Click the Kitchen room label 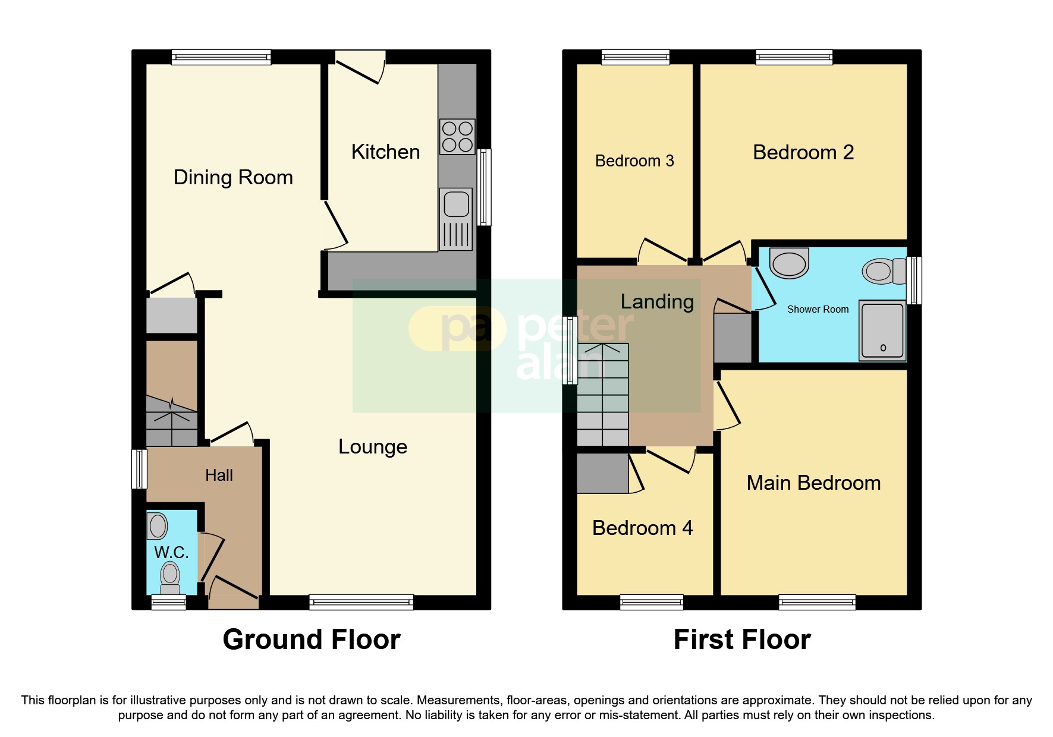tap(385, 152)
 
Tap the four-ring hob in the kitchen tap(457, 137)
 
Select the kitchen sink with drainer tap(456, 219)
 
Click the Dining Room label tap(233, 177)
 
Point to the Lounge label tap(373, 446)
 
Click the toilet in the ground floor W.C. tap(170, 578)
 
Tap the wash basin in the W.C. tap(158, 526)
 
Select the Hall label tap(219, 475)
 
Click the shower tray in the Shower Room tap(882, 330)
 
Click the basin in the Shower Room tap(789, 263)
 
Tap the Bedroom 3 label tap(634, 161)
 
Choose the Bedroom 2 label tap(803, 153)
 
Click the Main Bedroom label tap(813, 483)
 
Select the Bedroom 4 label tap(642, 528)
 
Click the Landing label tap(657, 301)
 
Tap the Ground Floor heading tap(312, 640)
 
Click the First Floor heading tap(742, 640)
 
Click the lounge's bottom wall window tap(361, 602)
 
